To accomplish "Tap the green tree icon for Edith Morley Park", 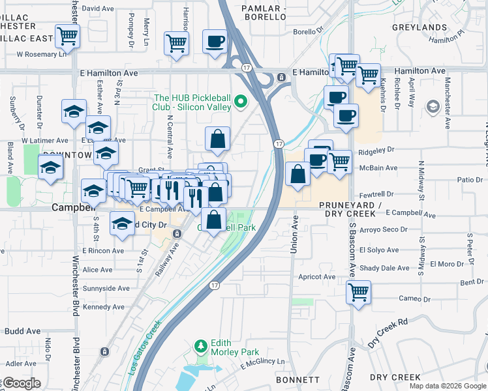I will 202,345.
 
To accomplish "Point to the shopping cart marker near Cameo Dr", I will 358,292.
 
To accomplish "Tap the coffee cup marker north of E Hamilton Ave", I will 215,42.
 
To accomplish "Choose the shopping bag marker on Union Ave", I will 297,175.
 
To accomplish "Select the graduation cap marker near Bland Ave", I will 50,167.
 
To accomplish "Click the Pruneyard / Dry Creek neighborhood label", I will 350,209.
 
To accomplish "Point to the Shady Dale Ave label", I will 387,268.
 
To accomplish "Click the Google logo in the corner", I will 21,383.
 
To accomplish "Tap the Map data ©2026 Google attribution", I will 447,386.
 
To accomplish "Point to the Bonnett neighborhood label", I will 297,379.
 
